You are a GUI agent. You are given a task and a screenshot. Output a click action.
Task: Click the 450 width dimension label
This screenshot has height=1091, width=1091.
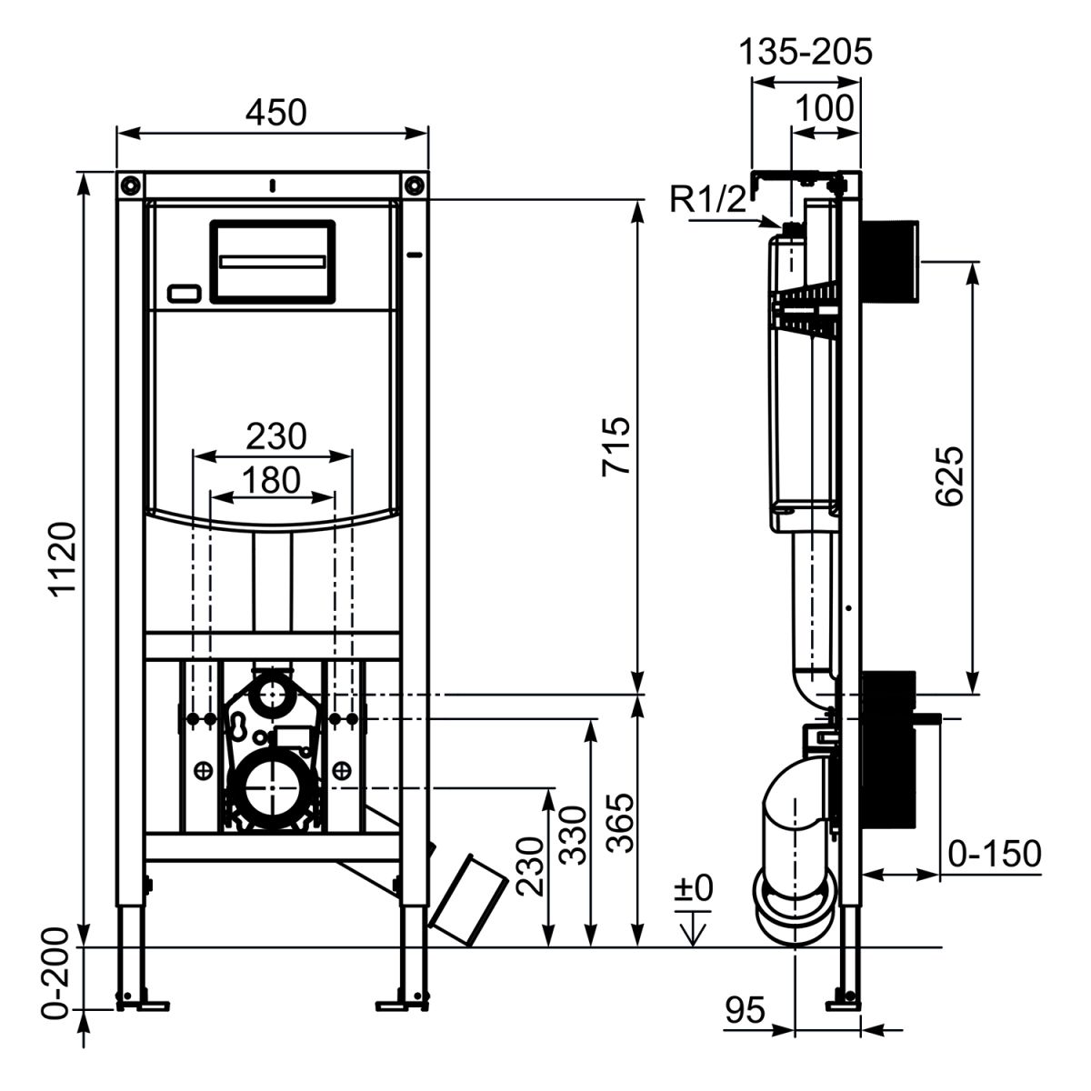click(275, 112)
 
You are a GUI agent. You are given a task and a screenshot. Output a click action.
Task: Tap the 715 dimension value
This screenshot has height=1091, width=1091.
click(616, 445)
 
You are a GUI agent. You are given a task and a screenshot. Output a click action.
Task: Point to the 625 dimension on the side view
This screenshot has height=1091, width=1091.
click(947, 475)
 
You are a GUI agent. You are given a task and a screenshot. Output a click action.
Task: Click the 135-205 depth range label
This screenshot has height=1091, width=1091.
click(804, 52)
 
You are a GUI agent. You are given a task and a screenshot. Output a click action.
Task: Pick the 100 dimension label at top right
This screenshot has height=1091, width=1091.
click(825, 108)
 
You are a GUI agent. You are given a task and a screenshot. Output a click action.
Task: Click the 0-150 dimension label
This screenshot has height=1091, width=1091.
click(994, 854)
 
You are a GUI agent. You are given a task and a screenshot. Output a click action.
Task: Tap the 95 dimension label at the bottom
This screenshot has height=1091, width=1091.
click(746, 1010)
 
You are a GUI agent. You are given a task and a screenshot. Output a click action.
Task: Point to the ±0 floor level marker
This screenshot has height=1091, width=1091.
click(694, 888)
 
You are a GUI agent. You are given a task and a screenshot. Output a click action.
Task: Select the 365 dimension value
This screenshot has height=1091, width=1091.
click(620, 823)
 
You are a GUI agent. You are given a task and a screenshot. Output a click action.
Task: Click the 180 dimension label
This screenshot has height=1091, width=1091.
click(272, 479)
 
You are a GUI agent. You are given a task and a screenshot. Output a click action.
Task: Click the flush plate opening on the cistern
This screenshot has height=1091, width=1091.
click(273, 261)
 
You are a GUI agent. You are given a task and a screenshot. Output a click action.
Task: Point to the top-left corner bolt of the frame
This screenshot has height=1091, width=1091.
click(130, 184)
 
